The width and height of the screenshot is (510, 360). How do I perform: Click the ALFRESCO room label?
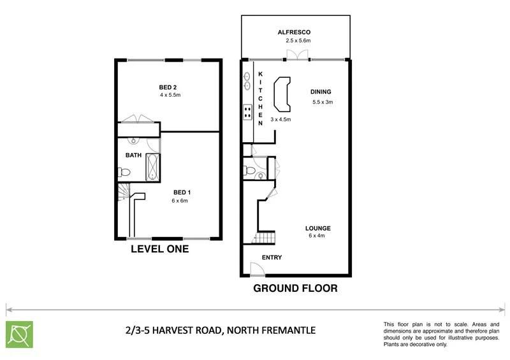[294, 31]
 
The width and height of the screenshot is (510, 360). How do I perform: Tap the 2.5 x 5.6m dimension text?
[298, 40]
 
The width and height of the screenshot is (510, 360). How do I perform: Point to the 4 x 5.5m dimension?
[170, 96]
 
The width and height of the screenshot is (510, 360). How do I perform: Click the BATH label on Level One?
[133, 155]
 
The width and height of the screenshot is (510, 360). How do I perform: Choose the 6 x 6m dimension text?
[179, 201]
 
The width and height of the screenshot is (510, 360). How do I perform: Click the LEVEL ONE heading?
[159, 249]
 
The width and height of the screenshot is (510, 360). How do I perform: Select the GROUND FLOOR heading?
[295, 288]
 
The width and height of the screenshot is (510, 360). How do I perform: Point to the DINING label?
[321, 92]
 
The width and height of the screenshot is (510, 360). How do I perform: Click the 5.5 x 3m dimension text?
[323, 102]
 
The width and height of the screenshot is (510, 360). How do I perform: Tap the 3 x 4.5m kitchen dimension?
[280, 119]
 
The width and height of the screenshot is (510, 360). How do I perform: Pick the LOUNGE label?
[317, 228]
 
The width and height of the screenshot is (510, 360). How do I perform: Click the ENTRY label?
[272, 257]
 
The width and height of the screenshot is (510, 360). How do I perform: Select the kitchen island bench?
[281, 94]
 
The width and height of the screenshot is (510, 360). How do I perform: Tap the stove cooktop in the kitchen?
[247, 113]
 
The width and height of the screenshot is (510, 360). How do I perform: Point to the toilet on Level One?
[124, 172]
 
